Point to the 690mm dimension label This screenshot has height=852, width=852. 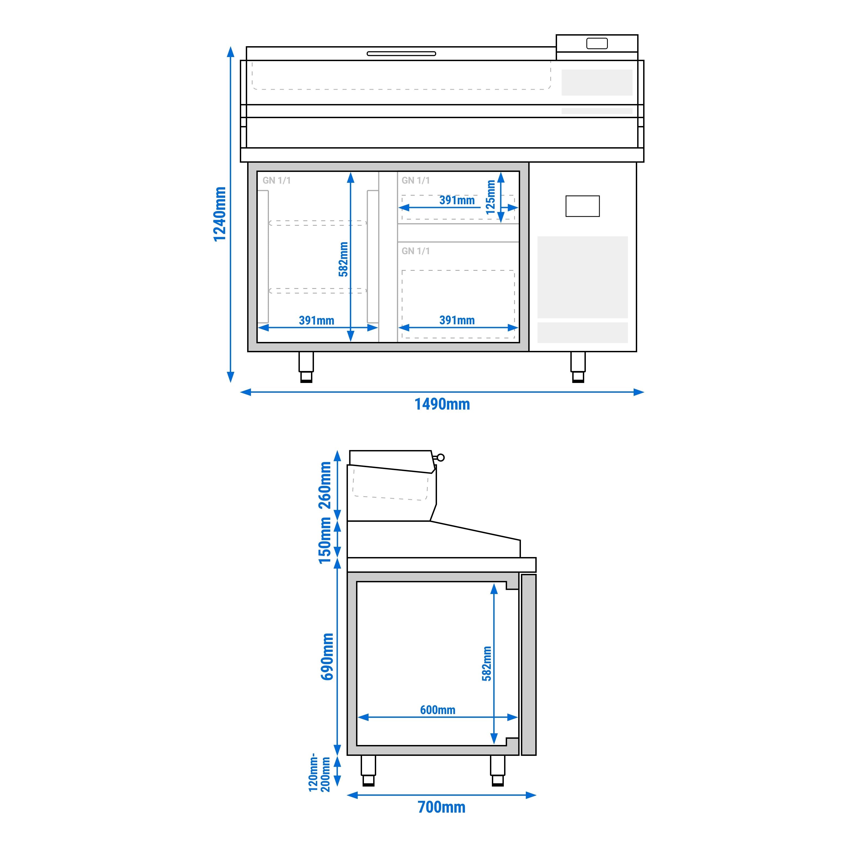[327, 657]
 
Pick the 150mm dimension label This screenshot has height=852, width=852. [325, 540]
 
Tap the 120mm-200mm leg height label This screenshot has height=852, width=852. [319, 772]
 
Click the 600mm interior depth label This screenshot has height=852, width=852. [438, 710]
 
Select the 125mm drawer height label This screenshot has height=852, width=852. [491, 197]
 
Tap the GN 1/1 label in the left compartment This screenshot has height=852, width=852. [276, 180]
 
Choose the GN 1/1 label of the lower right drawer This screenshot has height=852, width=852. [416, 251]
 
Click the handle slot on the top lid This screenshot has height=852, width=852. [401, 54]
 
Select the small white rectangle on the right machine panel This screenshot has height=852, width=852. [583, 206]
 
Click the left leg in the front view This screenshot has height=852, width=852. [306, 367]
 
